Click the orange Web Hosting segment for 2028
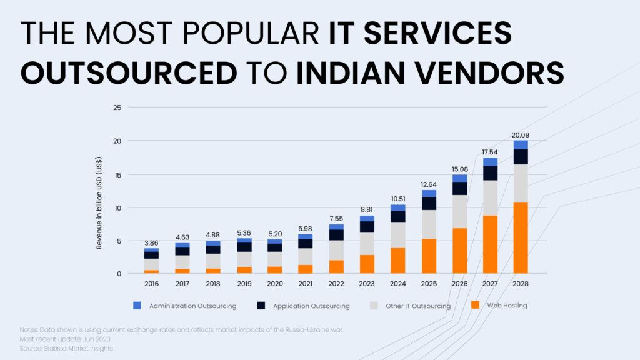520,238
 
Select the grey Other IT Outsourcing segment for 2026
459,211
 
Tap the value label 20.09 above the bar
520,134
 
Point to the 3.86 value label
151,242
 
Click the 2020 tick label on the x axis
274,283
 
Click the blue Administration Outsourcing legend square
138,306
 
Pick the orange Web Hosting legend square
475,306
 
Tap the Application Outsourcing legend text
312,306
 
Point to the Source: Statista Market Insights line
66,348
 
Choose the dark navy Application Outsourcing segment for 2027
490,173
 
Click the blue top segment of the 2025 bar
429,193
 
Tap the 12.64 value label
429,184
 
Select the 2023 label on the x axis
366,283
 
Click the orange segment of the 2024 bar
397,261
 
